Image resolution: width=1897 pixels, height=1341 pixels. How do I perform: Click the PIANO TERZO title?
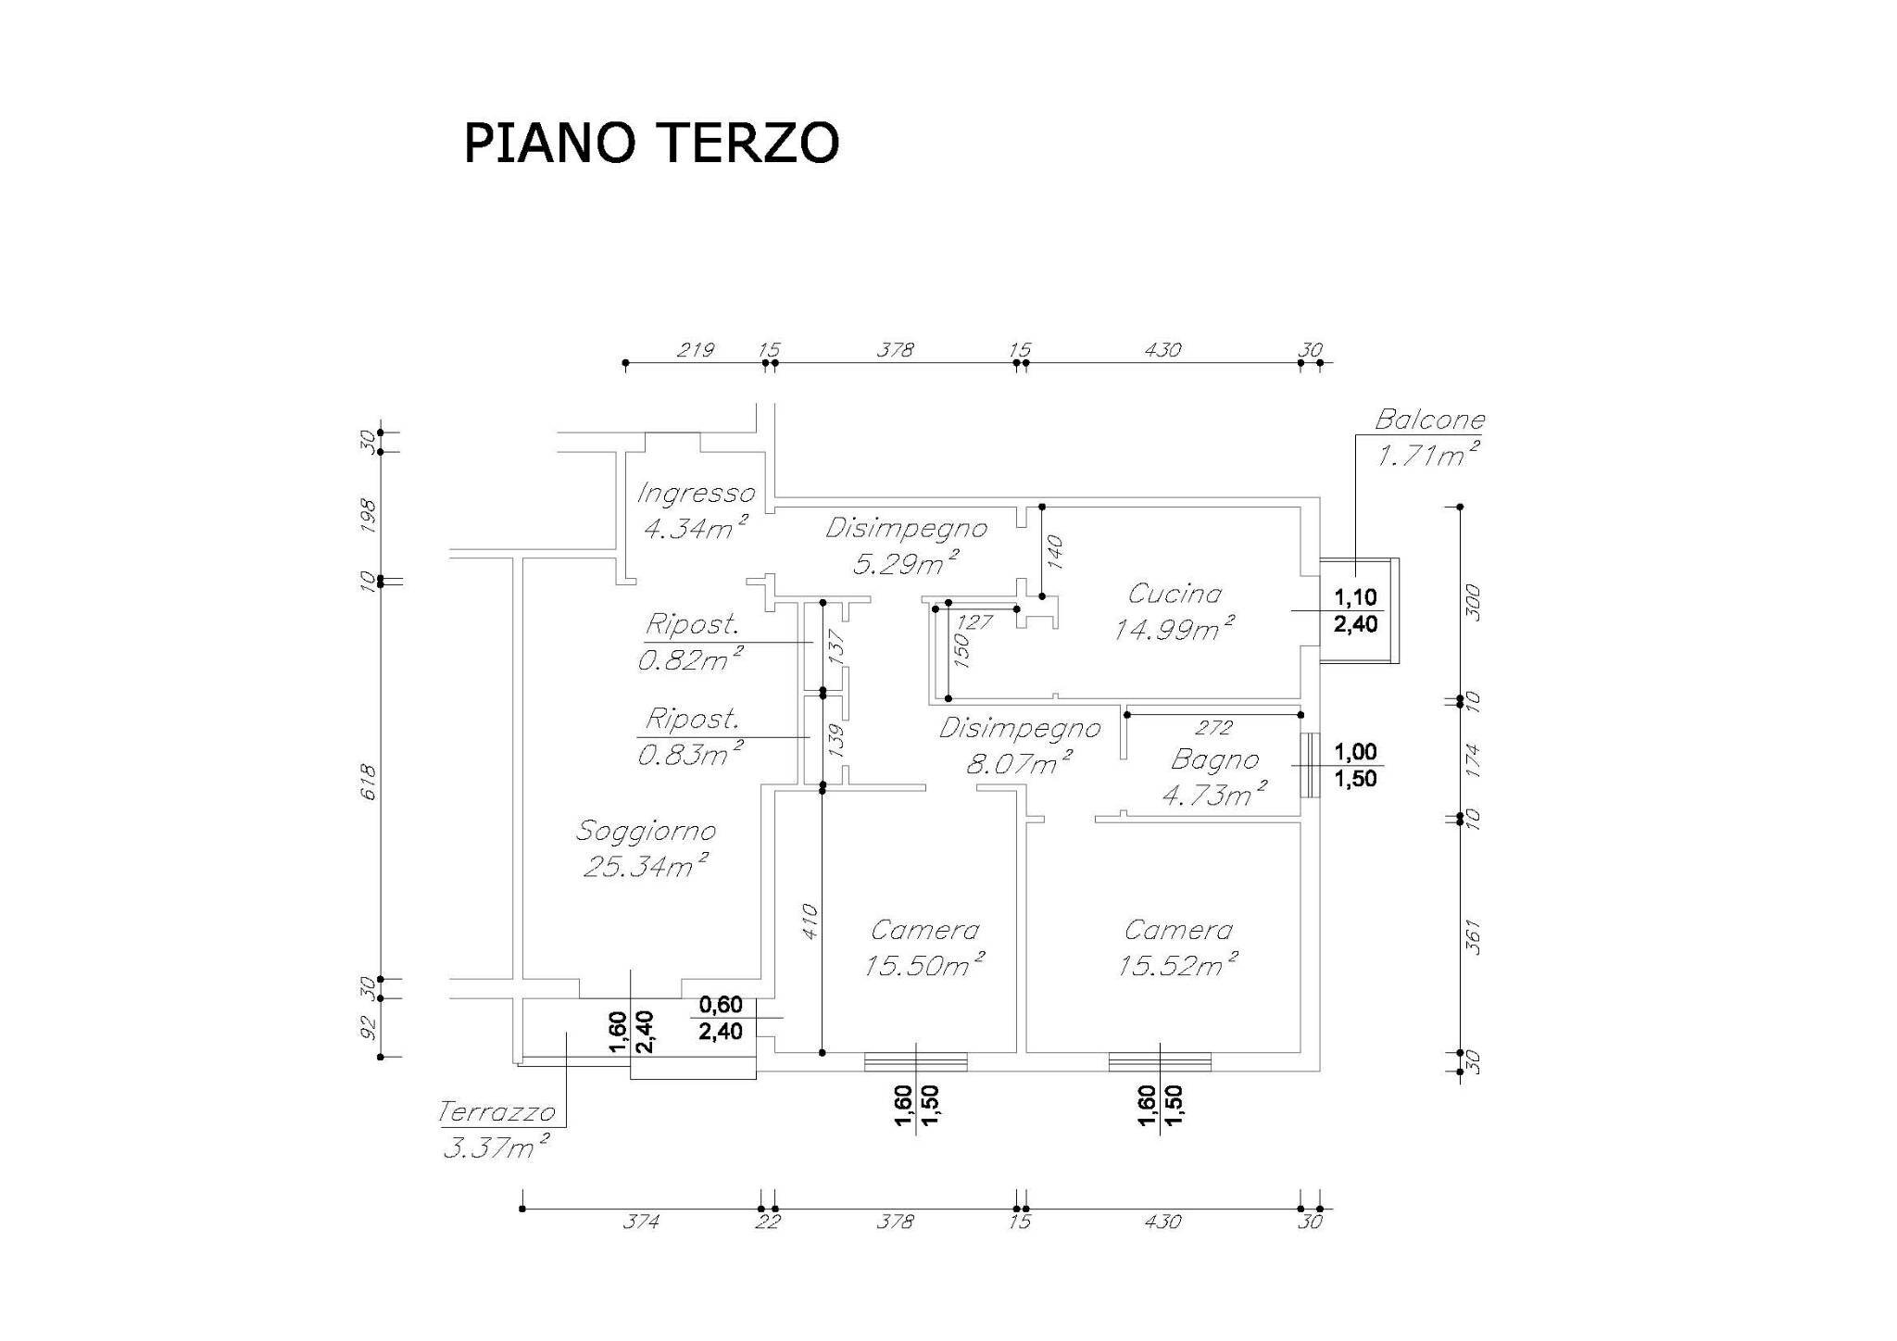tap(651, 143)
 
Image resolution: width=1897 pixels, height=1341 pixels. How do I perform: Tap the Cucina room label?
tap(1175, 594)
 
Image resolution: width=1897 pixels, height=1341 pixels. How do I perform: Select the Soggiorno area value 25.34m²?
tap(646, 867)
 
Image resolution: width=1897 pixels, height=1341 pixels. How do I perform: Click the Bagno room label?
tap(1214, 760)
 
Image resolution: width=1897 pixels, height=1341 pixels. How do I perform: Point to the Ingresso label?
tap(696, 494)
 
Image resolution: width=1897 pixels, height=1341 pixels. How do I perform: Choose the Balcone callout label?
tap(1428, 420)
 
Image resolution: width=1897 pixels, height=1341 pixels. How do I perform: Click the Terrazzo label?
tap(496, 1111)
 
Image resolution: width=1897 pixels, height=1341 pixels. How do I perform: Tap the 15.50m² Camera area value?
tap(923, 966)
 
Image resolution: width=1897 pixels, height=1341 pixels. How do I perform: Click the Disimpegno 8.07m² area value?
tap(1019, 765)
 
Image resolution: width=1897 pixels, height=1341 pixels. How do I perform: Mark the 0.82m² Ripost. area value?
tap(690, 659)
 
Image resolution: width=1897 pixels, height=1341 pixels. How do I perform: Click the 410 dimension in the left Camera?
tap(808, 921)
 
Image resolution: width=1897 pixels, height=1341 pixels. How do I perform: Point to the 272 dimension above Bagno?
tap(1213, 728)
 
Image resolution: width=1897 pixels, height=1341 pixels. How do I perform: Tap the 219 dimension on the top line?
tap(695, 350)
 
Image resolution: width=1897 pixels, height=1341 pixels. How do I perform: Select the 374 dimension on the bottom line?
tap(640, 1222)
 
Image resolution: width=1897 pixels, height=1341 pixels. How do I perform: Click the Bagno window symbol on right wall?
tap(1308, 766)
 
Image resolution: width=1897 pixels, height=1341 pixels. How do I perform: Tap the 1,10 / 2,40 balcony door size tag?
tap(1355, 610)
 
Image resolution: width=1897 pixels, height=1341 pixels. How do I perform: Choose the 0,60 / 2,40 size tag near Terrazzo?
tap(721, 1018)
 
